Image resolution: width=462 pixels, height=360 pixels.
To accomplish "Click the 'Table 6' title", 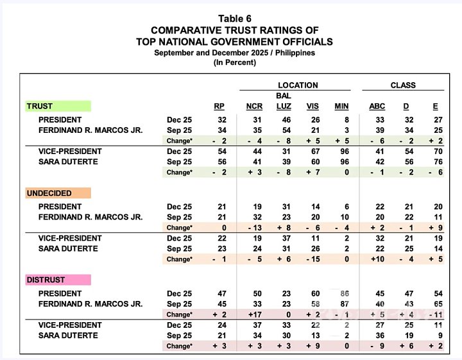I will (235, 17).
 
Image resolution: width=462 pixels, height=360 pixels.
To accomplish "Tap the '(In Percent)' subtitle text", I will (235, 62).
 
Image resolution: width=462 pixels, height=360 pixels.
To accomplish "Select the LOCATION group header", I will (297, 85).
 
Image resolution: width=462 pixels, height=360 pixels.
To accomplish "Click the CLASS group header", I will (403, 85).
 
